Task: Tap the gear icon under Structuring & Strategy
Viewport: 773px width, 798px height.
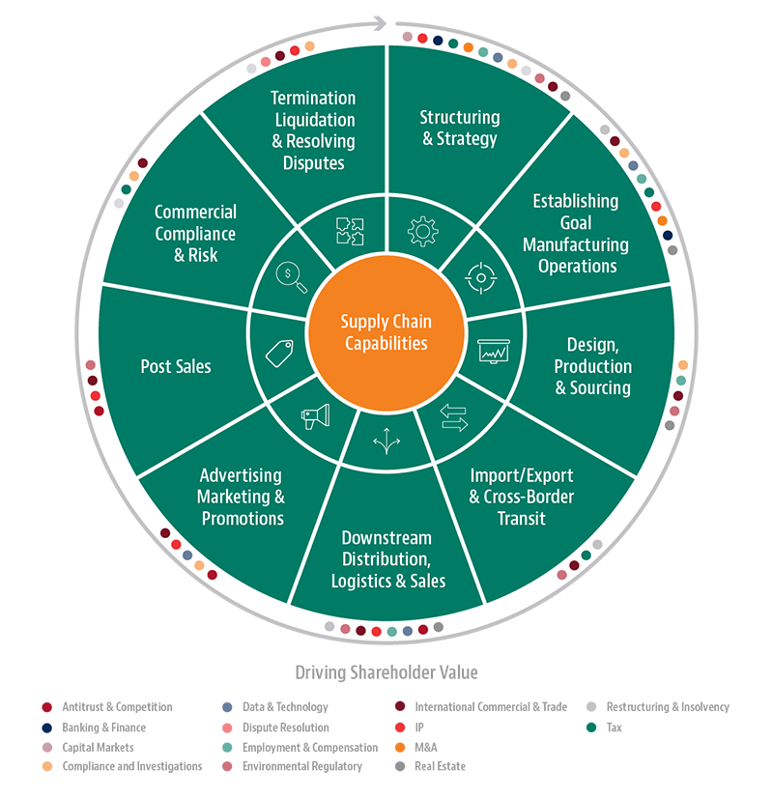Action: click(423, 232)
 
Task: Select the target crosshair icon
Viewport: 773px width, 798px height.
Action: click(480, 278)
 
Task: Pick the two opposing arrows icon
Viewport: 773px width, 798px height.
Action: click(453, 418)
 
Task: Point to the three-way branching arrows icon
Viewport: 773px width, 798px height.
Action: click(386, 441)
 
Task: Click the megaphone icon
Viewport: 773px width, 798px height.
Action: click(315, 415)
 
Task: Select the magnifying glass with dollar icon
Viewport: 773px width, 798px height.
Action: click(291, 278)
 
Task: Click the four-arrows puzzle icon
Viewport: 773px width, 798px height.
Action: click(349, 232)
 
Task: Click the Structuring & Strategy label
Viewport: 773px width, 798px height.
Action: click(460, 128)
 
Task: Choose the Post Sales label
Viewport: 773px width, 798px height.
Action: click(176, 366)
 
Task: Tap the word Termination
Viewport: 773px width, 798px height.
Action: click(313, 99)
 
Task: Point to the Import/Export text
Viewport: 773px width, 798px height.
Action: click(521, 476)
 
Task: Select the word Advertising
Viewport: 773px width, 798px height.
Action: click(241, 475)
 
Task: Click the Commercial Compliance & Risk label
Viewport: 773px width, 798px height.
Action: click(195, 234)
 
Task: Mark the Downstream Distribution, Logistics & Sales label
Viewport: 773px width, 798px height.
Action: click(387, 559)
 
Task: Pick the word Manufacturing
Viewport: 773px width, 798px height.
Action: click(576, 245)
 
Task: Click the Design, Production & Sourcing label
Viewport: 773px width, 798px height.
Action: click(592, 366)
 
